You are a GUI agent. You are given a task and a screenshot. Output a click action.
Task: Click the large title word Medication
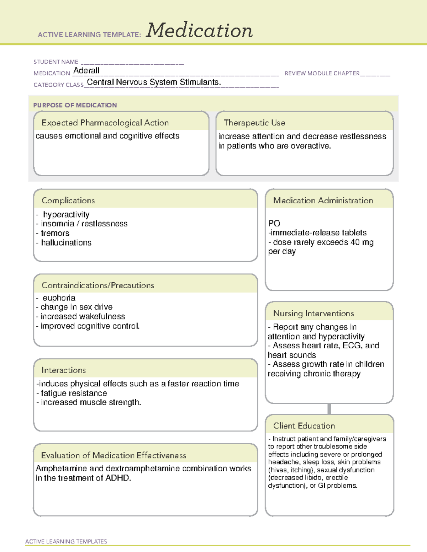pyautogui.click(x=199, y=31)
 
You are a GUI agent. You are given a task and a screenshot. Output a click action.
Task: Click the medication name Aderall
pyautogui.click(x=86, y=71)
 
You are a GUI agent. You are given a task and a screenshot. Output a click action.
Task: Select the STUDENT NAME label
pyautogui.click(x=56, y=62)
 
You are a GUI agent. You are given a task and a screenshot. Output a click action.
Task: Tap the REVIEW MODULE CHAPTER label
pyautogui.click(x=322, y=73)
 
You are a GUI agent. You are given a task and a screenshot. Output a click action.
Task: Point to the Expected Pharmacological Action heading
pyautogui.click(x=105, y=123)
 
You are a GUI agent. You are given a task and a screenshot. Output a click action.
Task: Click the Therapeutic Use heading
pyautogui.click(x=254, y=123)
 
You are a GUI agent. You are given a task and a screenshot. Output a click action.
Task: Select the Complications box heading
pyautogui.click(x=68, y=200)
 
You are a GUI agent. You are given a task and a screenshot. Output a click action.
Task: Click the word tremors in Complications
pyautogui.click(x=55, y=233)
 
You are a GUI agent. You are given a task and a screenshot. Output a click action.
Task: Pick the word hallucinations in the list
pyautogui.click(x=66, y=243)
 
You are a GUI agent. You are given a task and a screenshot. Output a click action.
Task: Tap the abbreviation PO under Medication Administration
pyautogui.click(x=274, y=224)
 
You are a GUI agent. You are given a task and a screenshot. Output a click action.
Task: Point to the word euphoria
pyautogui.click(x=59, y=298)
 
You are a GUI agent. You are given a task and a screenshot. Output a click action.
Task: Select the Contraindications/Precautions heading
pyautogui.click(x=98, y=285)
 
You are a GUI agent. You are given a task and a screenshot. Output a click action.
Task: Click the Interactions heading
pyautogui.click(x=63, y=370)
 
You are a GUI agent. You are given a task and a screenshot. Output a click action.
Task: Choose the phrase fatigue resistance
pyautogui.click(x=74, y=393)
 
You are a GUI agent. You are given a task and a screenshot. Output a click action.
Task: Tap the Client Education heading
pyautogui.click(x=304, y=426)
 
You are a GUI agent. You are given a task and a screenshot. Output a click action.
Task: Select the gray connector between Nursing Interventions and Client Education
pyautogui.click(x=329, y=409)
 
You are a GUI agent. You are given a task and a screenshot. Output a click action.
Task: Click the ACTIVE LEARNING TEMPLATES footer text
pyautogui.click(x=66, y=541)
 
